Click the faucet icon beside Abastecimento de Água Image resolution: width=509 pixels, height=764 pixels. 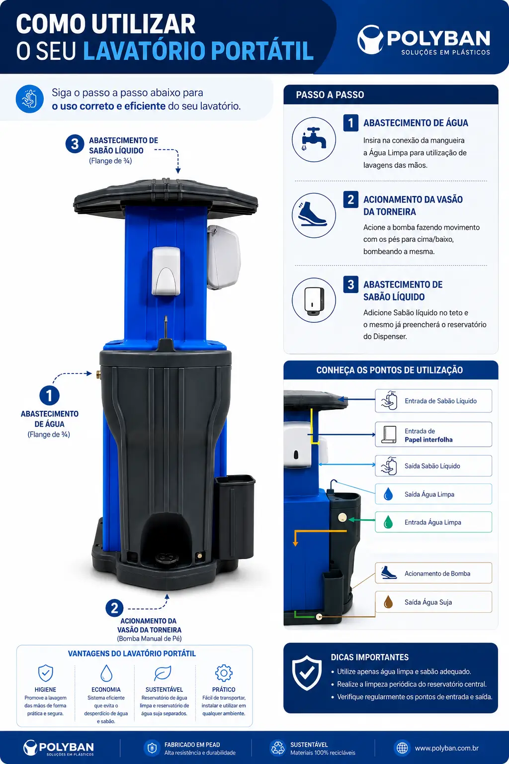314,139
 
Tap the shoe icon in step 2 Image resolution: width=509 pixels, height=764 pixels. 312,214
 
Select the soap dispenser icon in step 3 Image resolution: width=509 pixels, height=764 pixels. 314,300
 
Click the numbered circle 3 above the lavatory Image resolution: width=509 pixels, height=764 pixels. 75,144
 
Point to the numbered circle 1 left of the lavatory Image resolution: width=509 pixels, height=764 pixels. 49,395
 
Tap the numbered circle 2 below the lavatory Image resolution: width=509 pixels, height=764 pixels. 114,608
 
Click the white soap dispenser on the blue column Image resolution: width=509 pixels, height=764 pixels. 166,271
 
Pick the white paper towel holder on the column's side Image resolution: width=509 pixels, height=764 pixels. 223,257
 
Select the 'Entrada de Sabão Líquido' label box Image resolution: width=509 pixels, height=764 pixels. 433,401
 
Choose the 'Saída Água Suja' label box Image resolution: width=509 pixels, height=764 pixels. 433,602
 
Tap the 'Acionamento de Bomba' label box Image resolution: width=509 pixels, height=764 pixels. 433,573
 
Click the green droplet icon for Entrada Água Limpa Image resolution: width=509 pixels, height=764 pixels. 388,522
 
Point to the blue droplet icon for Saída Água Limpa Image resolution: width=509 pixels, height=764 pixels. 388,494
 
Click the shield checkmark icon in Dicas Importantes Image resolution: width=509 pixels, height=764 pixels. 307,672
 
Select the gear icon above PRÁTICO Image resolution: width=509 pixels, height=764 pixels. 224,673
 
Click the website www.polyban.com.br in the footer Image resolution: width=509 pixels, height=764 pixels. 446,748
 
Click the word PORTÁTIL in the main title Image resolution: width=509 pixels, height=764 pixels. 262,51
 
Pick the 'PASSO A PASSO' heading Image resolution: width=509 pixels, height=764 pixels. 330,95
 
